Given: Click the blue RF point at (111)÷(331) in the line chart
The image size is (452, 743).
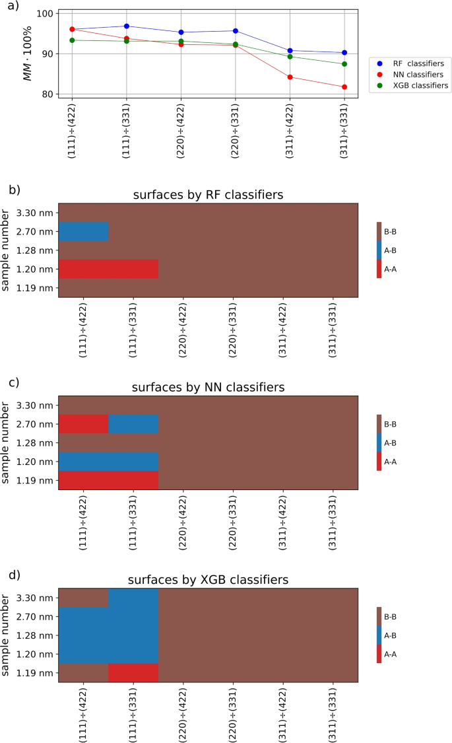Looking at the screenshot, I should pyautogui.click(x=126, y=26).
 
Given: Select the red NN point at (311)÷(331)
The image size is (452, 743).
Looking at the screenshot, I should pyautogui.click(x=344, y=87).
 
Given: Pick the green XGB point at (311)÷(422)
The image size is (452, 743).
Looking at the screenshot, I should pyautogui.click(x=290, y=56).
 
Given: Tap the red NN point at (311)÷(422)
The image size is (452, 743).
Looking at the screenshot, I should pyautogui.click(x=290, y=77).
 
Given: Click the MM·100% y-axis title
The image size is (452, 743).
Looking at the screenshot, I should pyautogui.click(x=28, y=55).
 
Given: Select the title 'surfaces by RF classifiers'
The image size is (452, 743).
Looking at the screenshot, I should pyautogui.click(x=208, y=195).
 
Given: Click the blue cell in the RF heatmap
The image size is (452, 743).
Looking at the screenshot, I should pyautogui.click(x=84, y=232).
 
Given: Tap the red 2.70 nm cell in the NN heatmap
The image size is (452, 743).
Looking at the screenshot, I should pyautogui.click(x=84, y=424).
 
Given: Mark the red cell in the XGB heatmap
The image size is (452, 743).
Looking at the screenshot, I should pyautogui.click(x=133, y=673).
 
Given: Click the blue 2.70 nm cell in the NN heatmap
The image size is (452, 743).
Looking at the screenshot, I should pyautogui.click(x=133, y=424).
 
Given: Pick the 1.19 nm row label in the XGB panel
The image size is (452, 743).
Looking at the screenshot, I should pyautogui.click(x=38, y=673).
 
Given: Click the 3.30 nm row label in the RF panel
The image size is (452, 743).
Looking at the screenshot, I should pyautogui.click(x=38, y=213).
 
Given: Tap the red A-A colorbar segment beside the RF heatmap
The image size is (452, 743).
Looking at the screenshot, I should pyautogui.click(x=379, y=269).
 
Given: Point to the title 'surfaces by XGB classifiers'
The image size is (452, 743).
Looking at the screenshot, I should pyautogui.click(x=208, y=579).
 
